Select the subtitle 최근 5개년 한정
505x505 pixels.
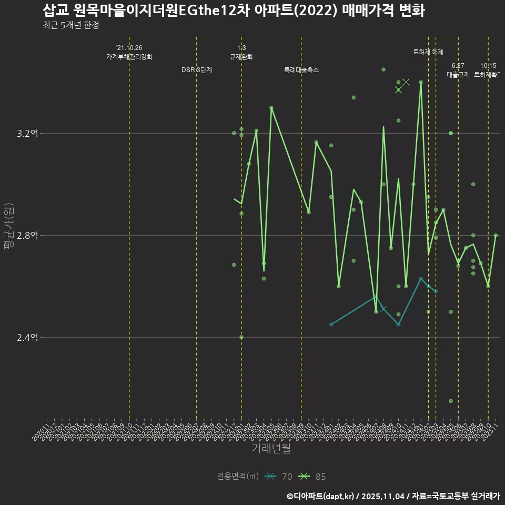tap(70, 25)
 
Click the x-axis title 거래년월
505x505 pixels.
tap(271, 449)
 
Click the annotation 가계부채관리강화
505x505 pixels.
tap(129, 57)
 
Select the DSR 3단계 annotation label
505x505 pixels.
tap(197, 70)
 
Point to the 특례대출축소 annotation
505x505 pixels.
tap(301, 70)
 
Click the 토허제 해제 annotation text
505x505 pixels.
tap(428, 52)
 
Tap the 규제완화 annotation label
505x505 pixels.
tap(241, 57)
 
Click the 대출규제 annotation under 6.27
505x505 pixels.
tap(458, 75)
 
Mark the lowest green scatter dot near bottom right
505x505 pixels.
tap(451, 401)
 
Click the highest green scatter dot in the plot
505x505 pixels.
tap(383, 69)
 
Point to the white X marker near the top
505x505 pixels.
tap(406, 82)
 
